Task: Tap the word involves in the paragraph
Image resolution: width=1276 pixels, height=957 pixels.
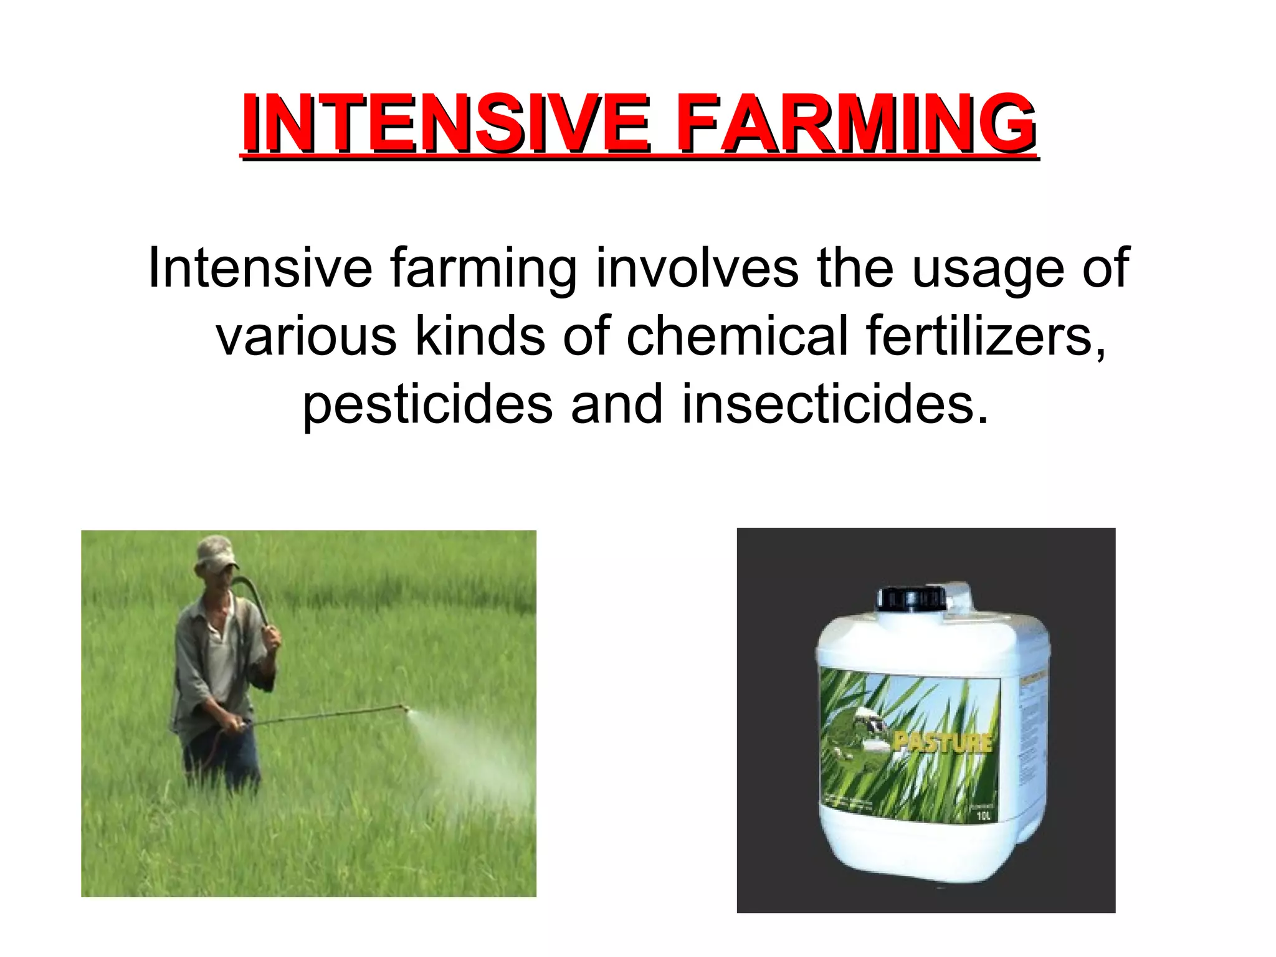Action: [x=697, y=269]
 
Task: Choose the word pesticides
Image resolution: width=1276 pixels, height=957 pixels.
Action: [x=427, y=405]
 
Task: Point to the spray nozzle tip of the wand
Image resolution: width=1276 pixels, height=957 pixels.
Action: [x=404, y=708]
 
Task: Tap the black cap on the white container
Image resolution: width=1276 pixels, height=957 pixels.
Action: [x=911, y=598]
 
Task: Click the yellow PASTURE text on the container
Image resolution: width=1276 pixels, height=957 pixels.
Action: [x=941, y=742]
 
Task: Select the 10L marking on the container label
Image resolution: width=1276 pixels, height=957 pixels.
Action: [x=983, y=816]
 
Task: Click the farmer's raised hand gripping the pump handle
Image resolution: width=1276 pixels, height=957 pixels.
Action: [x=271, y=637]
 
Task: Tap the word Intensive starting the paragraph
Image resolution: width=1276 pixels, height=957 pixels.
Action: [x=260, y=269]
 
